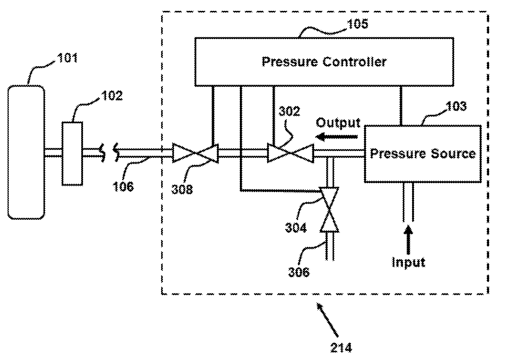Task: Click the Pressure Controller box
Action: (x=324, y=62)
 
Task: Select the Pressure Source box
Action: (x=422, y=154)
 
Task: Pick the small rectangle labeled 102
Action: (x=72, y=153)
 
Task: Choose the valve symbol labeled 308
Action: (x=195, y=153)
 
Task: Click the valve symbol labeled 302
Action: (x=290, y=153)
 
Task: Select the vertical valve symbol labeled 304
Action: (x=329, y=210)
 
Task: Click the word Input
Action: (x=408, y=262)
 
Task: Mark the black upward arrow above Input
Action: (x=408, y=239)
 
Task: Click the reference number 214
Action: (x=341, y=348)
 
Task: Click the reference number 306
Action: (x=298, y=272)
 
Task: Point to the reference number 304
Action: (x=296, y=228)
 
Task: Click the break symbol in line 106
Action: (x=109, y=152)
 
